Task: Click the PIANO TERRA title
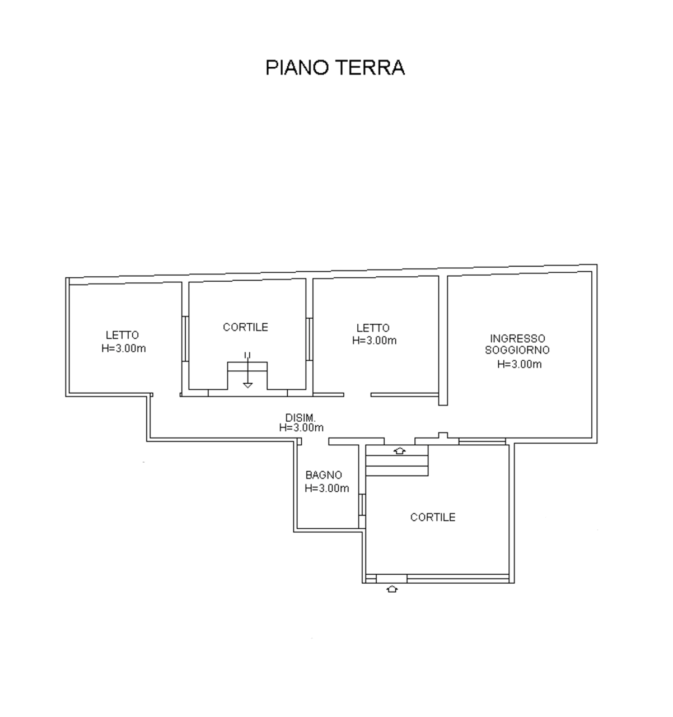point(335,68)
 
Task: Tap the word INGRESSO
point(517,339)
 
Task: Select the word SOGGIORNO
point(517,350)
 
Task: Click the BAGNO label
point(324,475)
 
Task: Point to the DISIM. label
point(300,418)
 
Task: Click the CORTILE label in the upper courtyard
point(245,327)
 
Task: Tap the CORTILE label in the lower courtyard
point(433,517)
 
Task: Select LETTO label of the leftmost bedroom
point(122,335)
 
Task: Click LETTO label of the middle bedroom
point(373,328)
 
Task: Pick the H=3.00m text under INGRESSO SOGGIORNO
point(519,364)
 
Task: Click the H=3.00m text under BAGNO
point(326,488)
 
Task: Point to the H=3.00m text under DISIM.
point(301,427)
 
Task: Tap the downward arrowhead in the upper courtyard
point(247,385)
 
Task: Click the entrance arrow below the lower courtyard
point(392,589)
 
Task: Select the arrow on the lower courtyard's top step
point(399,450)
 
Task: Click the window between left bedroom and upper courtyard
point(185,339)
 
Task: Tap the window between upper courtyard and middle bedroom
point(309,339)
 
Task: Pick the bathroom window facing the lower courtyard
point(362,505)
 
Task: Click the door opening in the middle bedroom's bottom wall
point(357,394)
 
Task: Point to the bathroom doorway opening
point(315,441)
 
